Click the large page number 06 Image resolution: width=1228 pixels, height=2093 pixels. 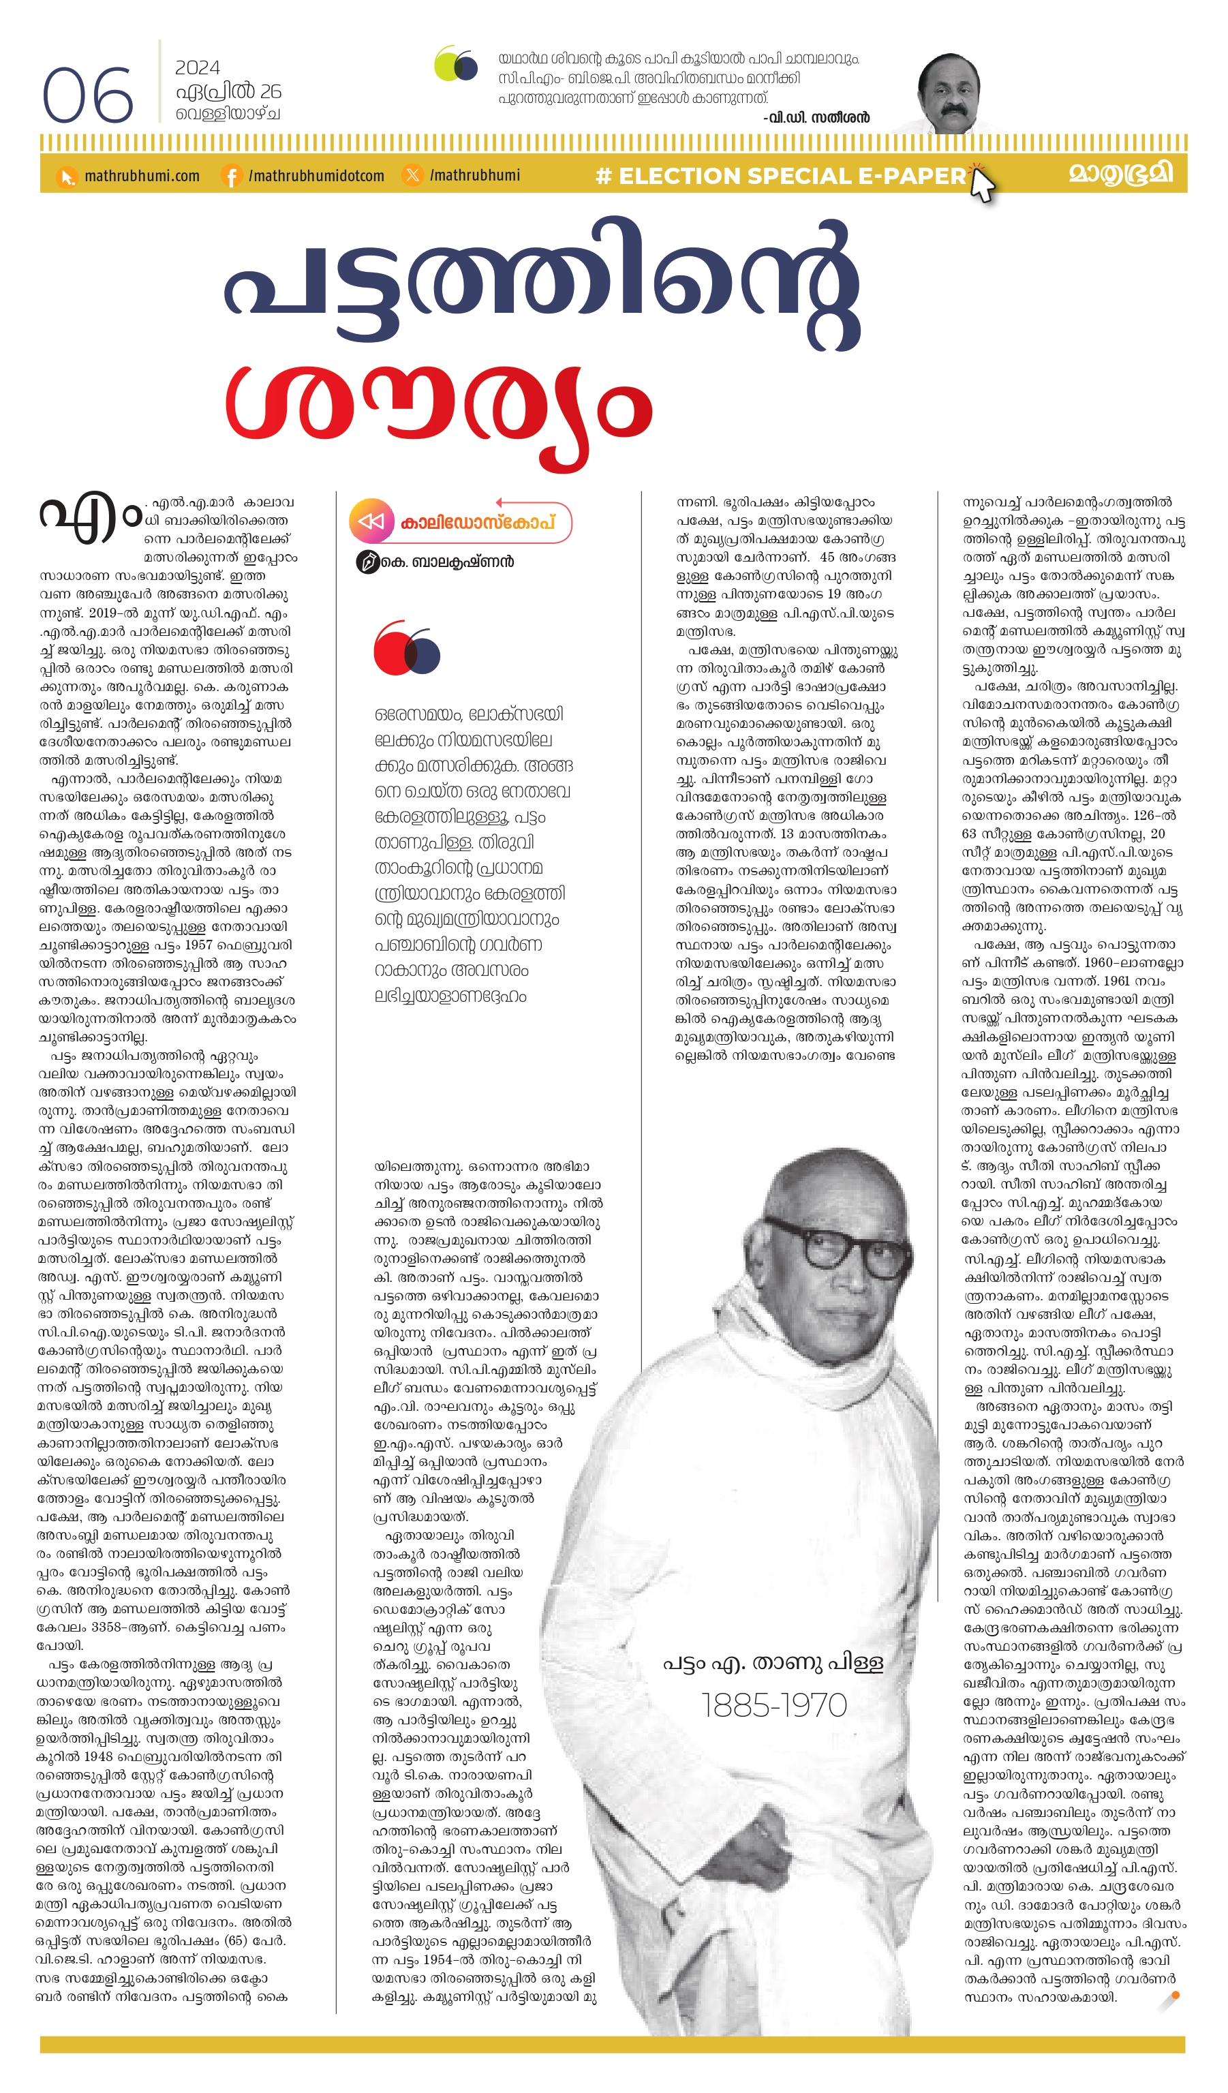tap(87, 95)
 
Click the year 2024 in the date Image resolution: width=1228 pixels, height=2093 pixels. tap(197, 68)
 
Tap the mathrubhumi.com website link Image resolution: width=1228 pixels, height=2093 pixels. tap(141, 176)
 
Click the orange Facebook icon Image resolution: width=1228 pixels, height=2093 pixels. tap(232, 176)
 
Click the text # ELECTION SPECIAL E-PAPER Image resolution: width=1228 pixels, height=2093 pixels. tap(780, 176)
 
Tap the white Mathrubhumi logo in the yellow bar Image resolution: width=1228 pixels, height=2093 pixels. tap(1120, 174)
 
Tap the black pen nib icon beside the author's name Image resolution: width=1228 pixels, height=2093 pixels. tap(367, 562)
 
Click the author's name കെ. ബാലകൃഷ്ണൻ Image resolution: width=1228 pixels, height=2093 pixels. tap(446, 562)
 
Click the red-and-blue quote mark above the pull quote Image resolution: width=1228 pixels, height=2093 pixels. tap(407, 649)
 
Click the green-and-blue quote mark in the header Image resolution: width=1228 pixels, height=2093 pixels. tap(456, 64)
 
